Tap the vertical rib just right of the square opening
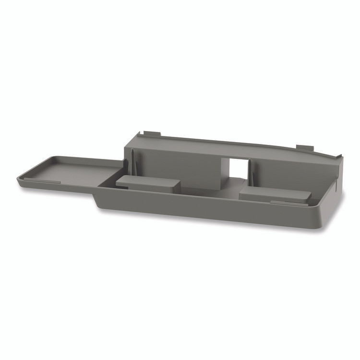[249, 171]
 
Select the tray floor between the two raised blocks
[211, 190]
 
